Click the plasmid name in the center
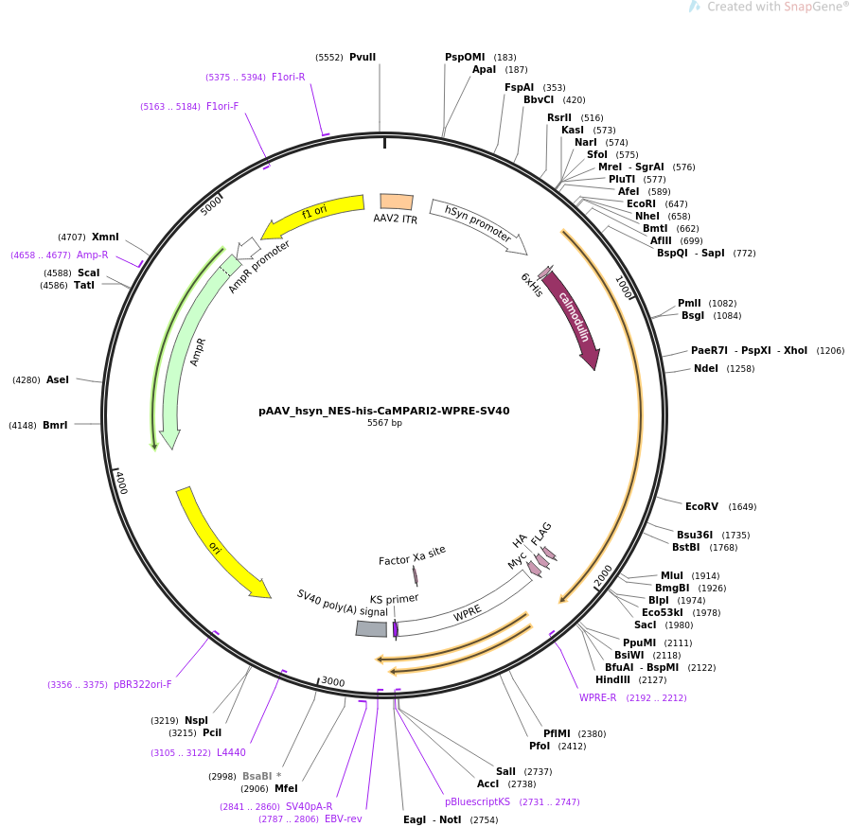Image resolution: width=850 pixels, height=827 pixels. point(383,411)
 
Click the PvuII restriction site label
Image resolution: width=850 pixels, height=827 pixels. point(363,57)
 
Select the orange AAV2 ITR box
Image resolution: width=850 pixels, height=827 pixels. point(397,202)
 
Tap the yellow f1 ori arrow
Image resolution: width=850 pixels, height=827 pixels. point(314,215)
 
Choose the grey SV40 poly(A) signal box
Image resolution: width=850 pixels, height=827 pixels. point(371,628)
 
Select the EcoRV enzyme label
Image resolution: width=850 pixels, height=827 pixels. point(701,506)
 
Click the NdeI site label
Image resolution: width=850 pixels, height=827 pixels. point(706,368)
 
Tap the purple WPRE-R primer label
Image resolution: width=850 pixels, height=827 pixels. point(597,697)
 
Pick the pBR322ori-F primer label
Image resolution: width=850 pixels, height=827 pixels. point(143,684)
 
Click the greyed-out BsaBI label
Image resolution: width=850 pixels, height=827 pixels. point(257,776)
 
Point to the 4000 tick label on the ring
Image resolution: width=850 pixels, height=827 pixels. point(121,483)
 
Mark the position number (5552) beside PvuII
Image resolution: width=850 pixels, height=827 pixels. point(329,58)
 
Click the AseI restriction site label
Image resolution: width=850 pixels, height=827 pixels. point(58,379)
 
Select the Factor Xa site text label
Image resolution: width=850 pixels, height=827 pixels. point(412,555)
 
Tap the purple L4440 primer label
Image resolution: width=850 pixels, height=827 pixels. point(231,752)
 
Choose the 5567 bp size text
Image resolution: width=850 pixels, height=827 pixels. point(384,423)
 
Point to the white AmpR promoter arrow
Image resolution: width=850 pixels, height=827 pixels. point(249,248)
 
